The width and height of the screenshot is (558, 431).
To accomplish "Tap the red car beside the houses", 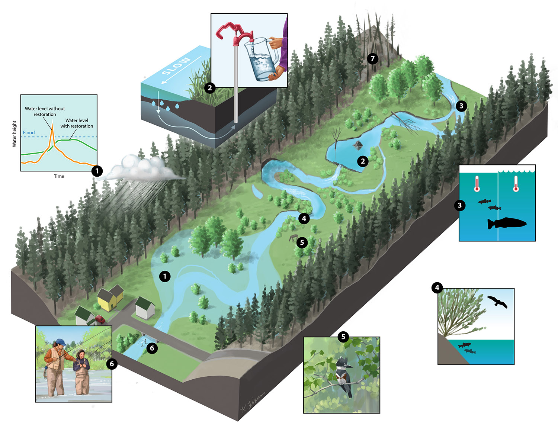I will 100,319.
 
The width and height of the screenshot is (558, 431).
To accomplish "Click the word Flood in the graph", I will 29,133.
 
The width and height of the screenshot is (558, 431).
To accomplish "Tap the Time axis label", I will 59,176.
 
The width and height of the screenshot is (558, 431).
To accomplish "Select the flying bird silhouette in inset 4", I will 497,301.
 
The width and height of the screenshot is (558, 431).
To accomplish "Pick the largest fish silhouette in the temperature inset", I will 507,223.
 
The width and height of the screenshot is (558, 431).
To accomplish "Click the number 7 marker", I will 372,58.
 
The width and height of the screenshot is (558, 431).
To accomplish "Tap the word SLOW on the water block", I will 176,66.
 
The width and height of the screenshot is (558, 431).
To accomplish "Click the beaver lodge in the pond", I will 358,145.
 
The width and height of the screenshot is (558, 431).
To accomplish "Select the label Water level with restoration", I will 77,123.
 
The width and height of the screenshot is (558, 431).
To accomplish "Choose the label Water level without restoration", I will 45,112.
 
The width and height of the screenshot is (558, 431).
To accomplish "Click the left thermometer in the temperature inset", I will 477,184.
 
